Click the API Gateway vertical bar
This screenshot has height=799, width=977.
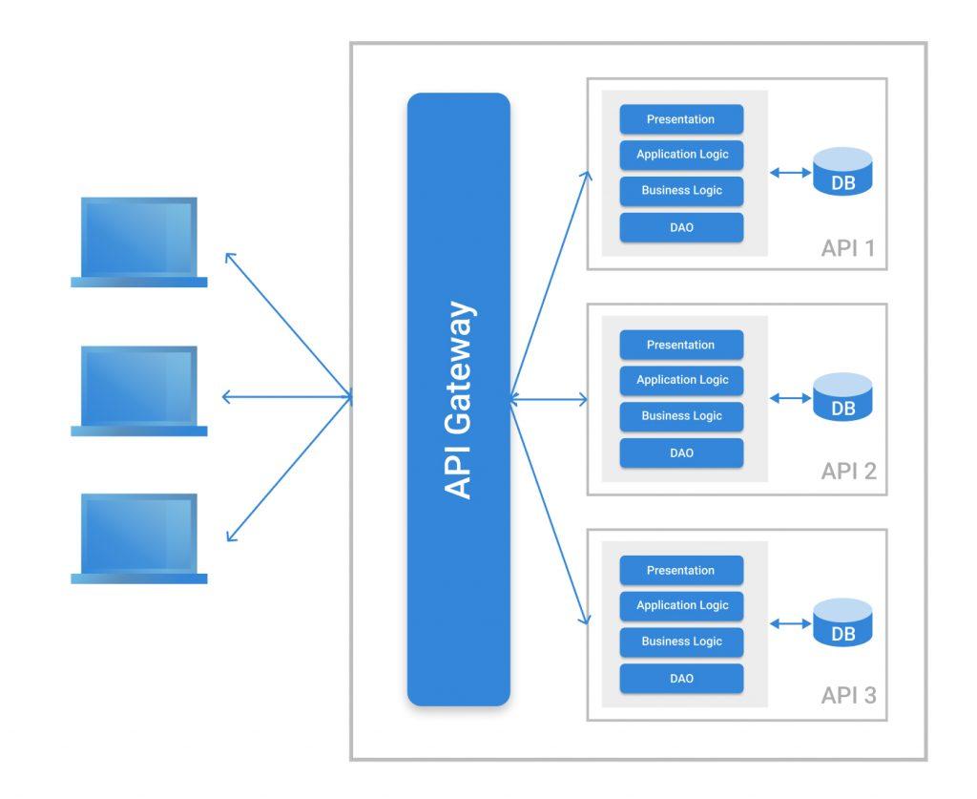pyautogui.click(x=458, y=399)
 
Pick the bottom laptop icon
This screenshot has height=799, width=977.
pyautogui.click(x=139, y=538)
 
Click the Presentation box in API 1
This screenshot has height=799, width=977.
pyautogui.click(x=680, y=119)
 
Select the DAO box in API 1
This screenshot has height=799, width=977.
pyautogui.click(x=680, y=227)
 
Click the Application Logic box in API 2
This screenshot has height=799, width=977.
pyautogui.click(x=680, y=380)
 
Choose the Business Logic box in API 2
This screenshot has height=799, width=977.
pyautogui.click(x=680, y=416)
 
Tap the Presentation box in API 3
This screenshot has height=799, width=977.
pyautogui.click(x=680, y=571)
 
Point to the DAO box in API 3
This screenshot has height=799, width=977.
pyautogui.click(x=680, y=679)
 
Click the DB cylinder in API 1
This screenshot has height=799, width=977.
pyautogui.click(x=842, y=172)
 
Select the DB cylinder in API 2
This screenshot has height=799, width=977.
pyautogui.click(x=842, y=397)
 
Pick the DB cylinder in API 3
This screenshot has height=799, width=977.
pyautogui.click(x=842, y=622)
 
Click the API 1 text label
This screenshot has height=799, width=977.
pyautogui.click(x=847, y=249)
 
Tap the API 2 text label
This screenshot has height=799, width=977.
pyautogui.click(x=847, y=472)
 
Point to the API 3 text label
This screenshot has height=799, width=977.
pyautogui.click(x=847, y=696)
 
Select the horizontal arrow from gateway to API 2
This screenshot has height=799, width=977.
pyautogui.click(x=550, y=400)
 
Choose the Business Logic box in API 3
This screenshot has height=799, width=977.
pyautogui.click(x=680, y=641)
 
